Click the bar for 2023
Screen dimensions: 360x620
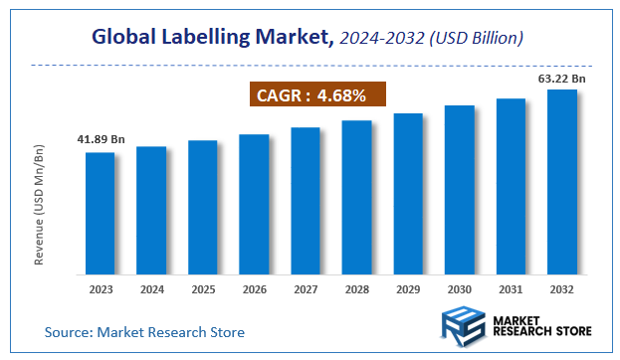pos(100,213)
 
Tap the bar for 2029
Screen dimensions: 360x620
pos(408,194)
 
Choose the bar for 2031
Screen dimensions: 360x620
pos(511,186)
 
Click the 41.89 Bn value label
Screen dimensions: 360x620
pos(101,138)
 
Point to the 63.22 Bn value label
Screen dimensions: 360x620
pos(561,77)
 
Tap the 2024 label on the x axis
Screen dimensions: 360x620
pos(151,290)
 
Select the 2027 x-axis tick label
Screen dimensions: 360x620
pos(306,290)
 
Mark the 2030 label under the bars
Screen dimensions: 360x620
pos(459,290)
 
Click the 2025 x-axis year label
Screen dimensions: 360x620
pos(202,290)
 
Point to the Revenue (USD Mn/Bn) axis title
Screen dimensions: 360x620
pos(41,203)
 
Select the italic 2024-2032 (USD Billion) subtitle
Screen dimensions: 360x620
pos(432,38)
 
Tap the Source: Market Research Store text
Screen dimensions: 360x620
pos(144,331)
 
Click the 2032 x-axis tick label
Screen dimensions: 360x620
pos(561,290)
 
